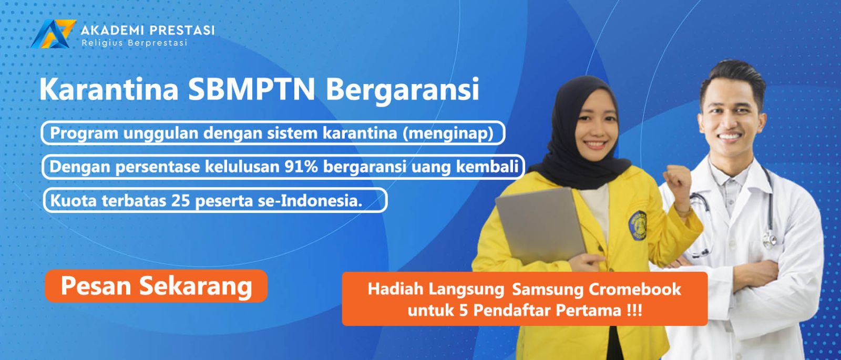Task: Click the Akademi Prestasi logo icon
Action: pyautogui.click(x=53, y=34)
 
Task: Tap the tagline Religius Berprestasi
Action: pyautogui.click(x=135, y=43)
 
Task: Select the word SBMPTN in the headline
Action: pyautogui.click(x=251, y=89)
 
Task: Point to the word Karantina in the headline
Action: pyautogui.click(x=108, y=89)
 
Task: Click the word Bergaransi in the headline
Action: pyautogui.click(x=403, y=90)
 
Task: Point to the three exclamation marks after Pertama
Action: pyautogui.click(x=634, y=311)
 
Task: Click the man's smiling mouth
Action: pyautogui.click(x=729, y=137)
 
